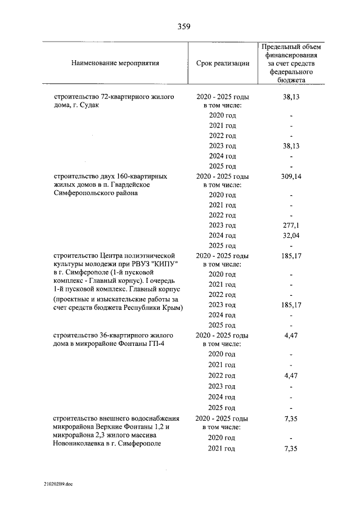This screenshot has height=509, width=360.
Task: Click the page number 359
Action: tap(179, 26)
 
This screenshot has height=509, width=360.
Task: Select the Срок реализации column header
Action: tap(223, 63)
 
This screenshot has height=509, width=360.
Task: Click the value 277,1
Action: tap(292, 226)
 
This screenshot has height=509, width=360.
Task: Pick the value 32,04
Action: tap(292, 236)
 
